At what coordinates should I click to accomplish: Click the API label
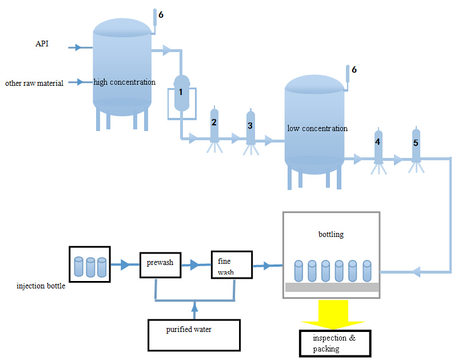click(x=43, y=44)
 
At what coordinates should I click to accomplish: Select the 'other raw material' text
click(x=34, y=83)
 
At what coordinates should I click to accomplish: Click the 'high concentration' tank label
click(x=125, y=82)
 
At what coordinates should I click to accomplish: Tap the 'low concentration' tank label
click(x=317, y=128)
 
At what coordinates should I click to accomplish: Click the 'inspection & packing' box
click(x=335, y=343)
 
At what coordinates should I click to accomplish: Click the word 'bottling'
click(x=331, y=234)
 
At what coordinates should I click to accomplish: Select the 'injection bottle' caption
click(x=41, y=286)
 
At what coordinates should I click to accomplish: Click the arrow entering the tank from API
click(x=78, y=48)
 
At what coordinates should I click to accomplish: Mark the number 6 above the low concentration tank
click(x=354, y=69)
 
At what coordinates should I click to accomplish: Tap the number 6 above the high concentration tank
click(x=161, y=14)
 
